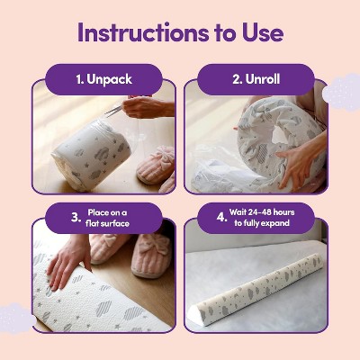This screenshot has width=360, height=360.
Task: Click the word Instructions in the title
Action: click(143, 32)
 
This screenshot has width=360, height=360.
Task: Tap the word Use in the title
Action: click(263, 32)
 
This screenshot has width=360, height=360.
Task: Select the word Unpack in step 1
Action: click(109, 79)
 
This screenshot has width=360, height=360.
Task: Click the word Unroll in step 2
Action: click(263, 79)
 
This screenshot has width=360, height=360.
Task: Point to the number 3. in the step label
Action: click(76, 218)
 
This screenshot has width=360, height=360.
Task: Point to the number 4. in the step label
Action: click(221, 217)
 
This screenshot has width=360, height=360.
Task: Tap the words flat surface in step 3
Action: click(107, 223)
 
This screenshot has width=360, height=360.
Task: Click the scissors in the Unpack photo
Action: click(115, 111)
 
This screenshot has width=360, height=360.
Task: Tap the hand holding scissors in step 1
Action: click(147, 106)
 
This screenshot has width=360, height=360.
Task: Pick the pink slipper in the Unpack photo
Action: click(156, 165)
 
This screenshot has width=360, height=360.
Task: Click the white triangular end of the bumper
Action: click(195, 316)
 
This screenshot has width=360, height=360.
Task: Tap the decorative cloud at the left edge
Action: click(16, 319)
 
